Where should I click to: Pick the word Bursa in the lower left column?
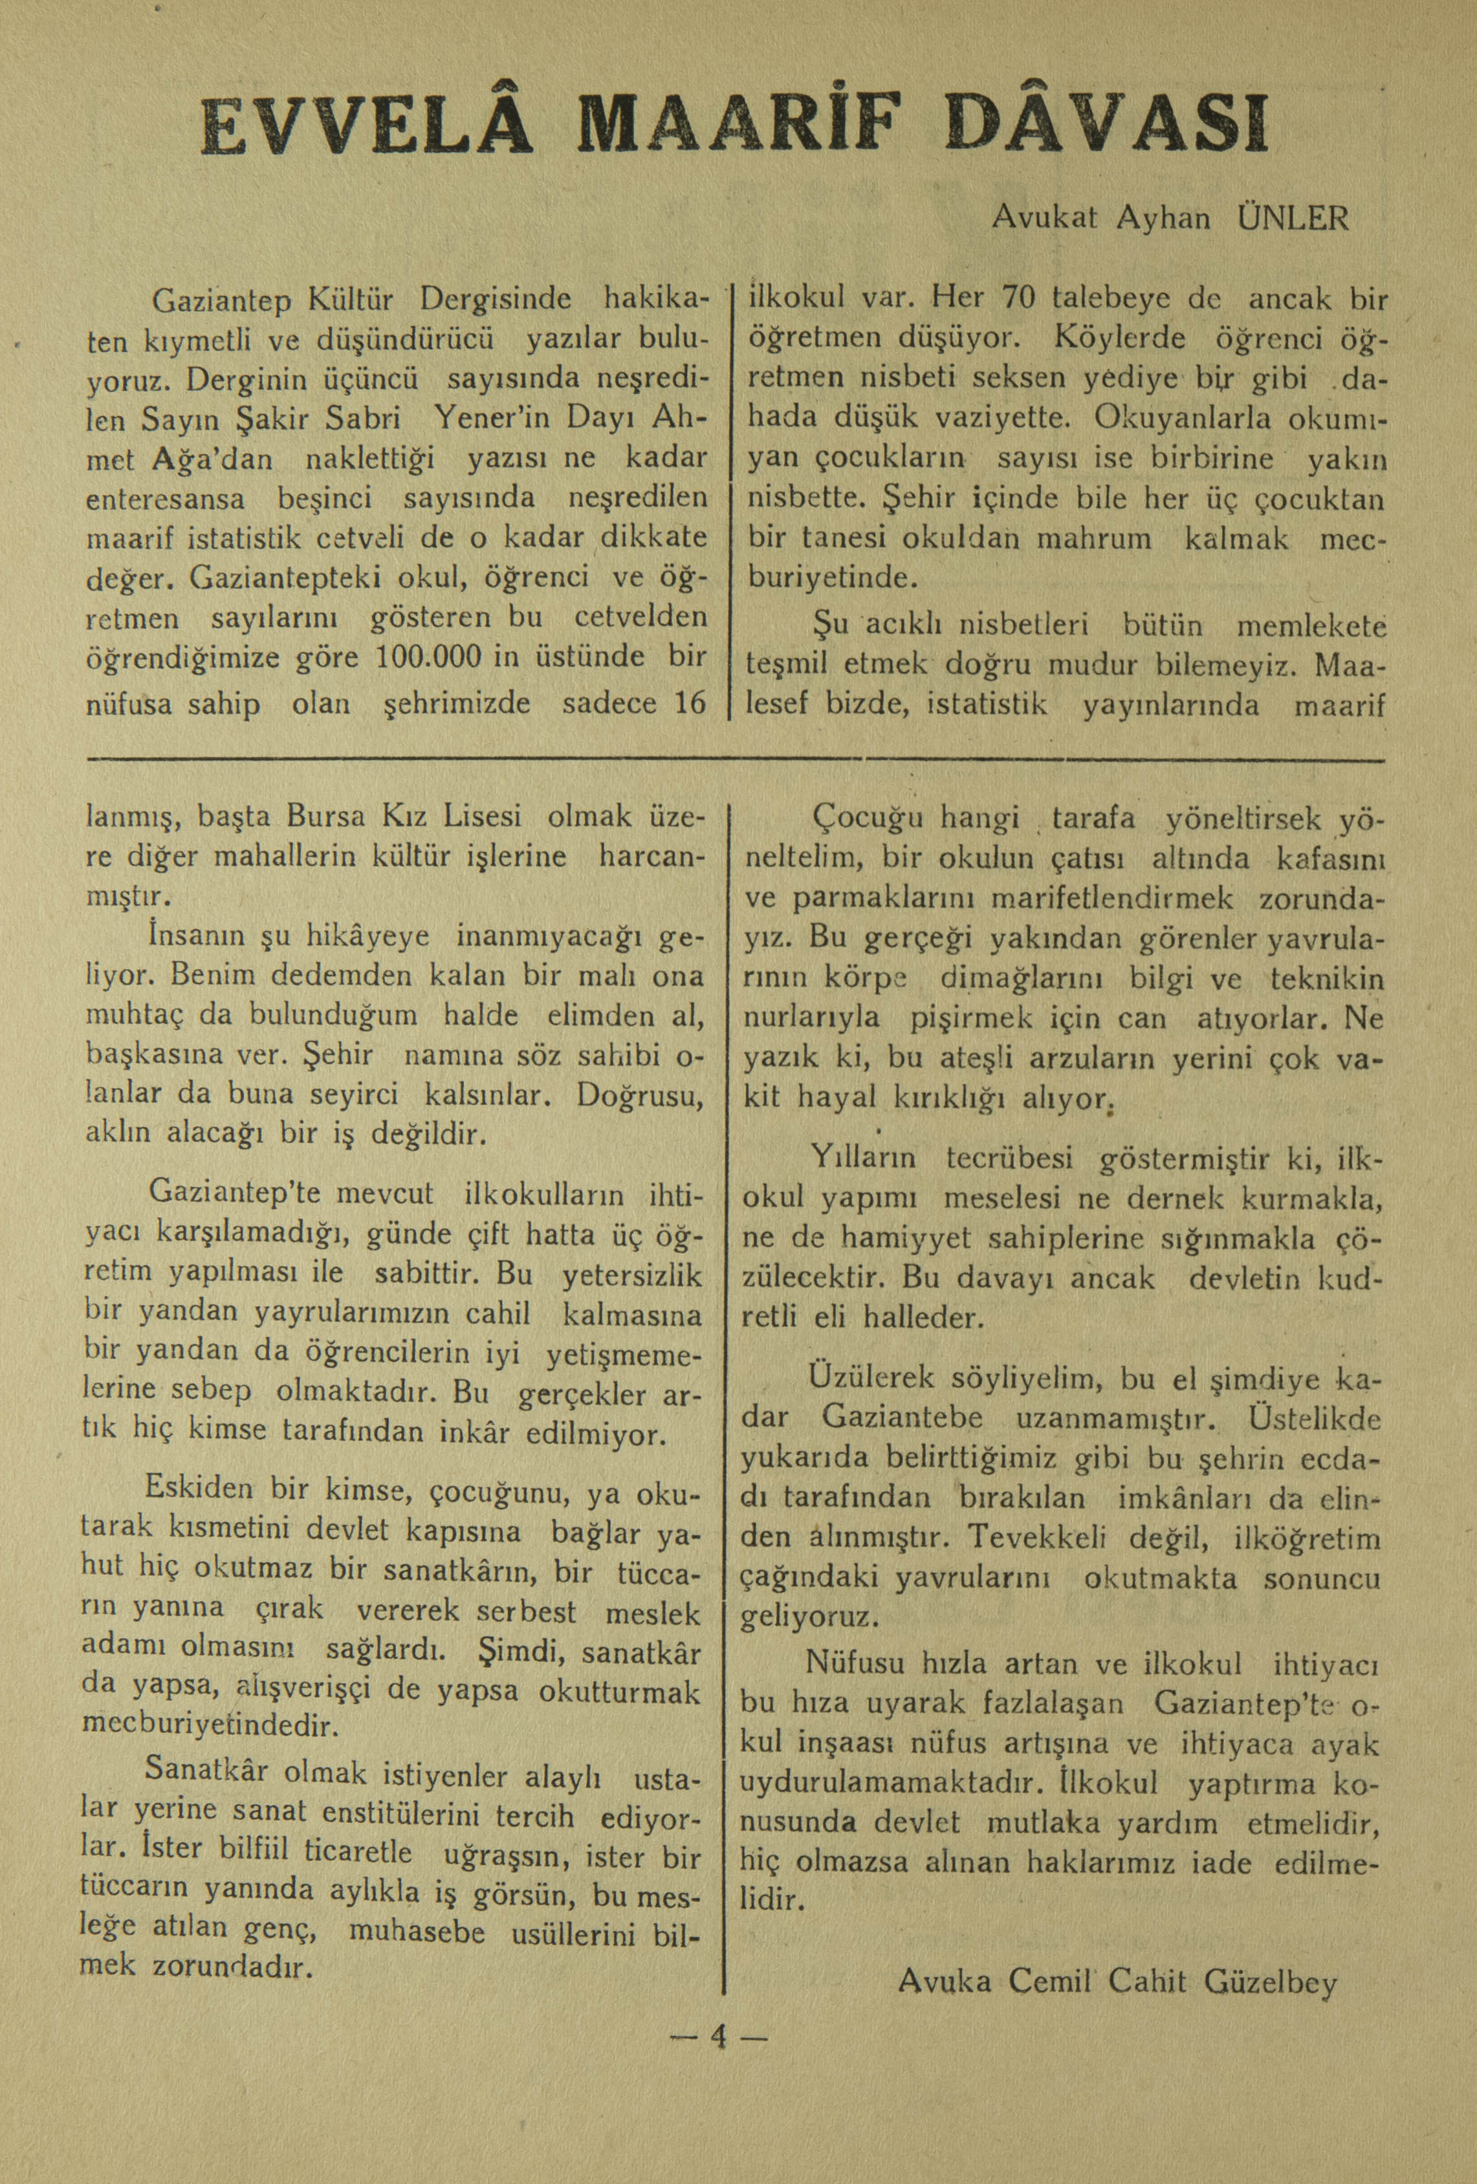(x=328, y=814)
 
